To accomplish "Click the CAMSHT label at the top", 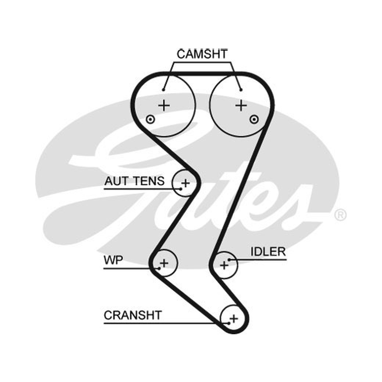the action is tap(202, 54).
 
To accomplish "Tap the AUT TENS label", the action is tap(134, 181).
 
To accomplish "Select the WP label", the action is tap(113, 260).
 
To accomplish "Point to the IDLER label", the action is tap(268, 252).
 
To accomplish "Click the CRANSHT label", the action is tap(133, 315).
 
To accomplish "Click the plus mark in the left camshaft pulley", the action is tap(164, 106).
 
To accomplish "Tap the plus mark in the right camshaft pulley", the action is tap(241, 106).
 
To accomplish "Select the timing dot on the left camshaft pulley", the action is tap(150, 119).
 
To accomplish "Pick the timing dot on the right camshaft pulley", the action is tap(254, 119).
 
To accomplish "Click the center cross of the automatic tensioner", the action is tap(185, 183).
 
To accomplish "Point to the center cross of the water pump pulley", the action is tap(164, 263).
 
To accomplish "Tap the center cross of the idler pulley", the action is tap(224, 265).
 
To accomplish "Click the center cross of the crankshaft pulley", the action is tap(234, 318).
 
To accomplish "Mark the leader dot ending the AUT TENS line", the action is tap(181, 189).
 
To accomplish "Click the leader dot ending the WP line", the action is tap(159, 268).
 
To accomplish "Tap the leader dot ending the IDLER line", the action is tap(229, 260).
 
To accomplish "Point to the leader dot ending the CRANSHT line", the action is tap(229, 323).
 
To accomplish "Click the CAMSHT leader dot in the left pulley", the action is tap(164, 90).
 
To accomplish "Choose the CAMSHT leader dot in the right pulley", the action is tap(241, 90).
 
